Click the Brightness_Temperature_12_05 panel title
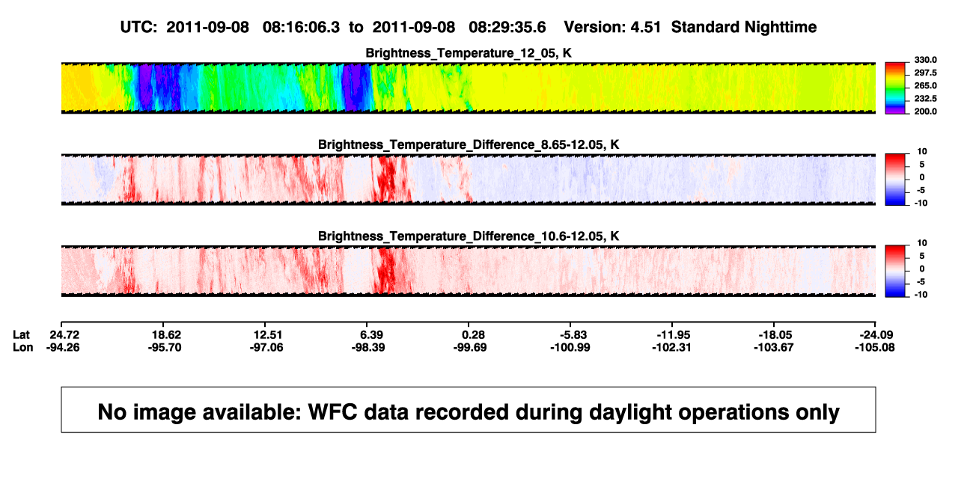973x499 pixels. click(x=469, y=53)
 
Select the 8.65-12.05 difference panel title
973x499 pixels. click(x=469, y=144)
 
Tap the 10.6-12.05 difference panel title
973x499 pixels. click(x=469, y=236)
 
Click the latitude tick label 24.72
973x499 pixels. click(x=64, y=335)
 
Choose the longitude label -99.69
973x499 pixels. click(x=470, y=347)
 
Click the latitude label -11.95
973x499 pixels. click(x=674, y=335)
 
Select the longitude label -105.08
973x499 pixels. click(x=875, y=347)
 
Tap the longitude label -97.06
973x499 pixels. click(x=266, y=347)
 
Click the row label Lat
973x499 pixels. click(x=21, y=335)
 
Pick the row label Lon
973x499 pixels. click(x=22, y=347)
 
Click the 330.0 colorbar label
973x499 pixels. click(x=925, y=60)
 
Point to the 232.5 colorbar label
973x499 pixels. click(x=925, y=99)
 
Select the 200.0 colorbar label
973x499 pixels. click(x=925, y=111)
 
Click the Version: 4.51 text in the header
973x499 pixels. click(x=612, y=27)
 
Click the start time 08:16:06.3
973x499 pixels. click(x=301, y=27)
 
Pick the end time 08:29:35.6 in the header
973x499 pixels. click(x=507, y=27)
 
